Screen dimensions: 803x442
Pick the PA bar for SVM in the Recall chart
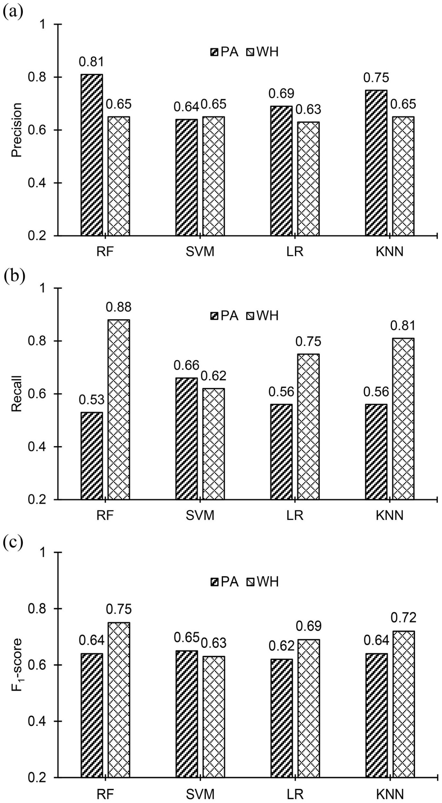[x=187, y=438]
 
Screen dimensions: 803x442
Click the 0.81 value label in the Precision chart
[x=92, y=62]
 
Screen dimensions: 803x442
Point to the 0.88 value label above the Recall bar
[x=119, y=307]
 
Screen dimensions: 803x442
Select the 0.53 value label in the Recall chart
[x=92, y=400]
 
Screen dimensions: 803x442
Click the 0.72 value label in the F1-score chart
[x=403, y=617]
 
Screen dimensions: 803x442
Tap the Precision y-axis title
[x=17, y=130]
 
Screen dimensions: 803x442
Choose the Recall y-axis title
[x=17, y=394]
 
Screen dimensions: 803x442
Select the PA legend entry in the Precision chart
[x=225, y=52]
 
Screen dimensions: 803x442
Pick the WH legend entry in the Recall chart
[x=263, y=316]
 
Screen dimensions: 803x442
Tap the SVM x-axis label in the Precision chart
[x=200, y=252]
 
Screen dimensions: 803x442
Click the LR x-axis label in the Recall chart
[x=295, y=516]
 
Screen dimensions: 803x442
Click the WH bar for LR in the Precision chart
[x=309, y=179]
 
